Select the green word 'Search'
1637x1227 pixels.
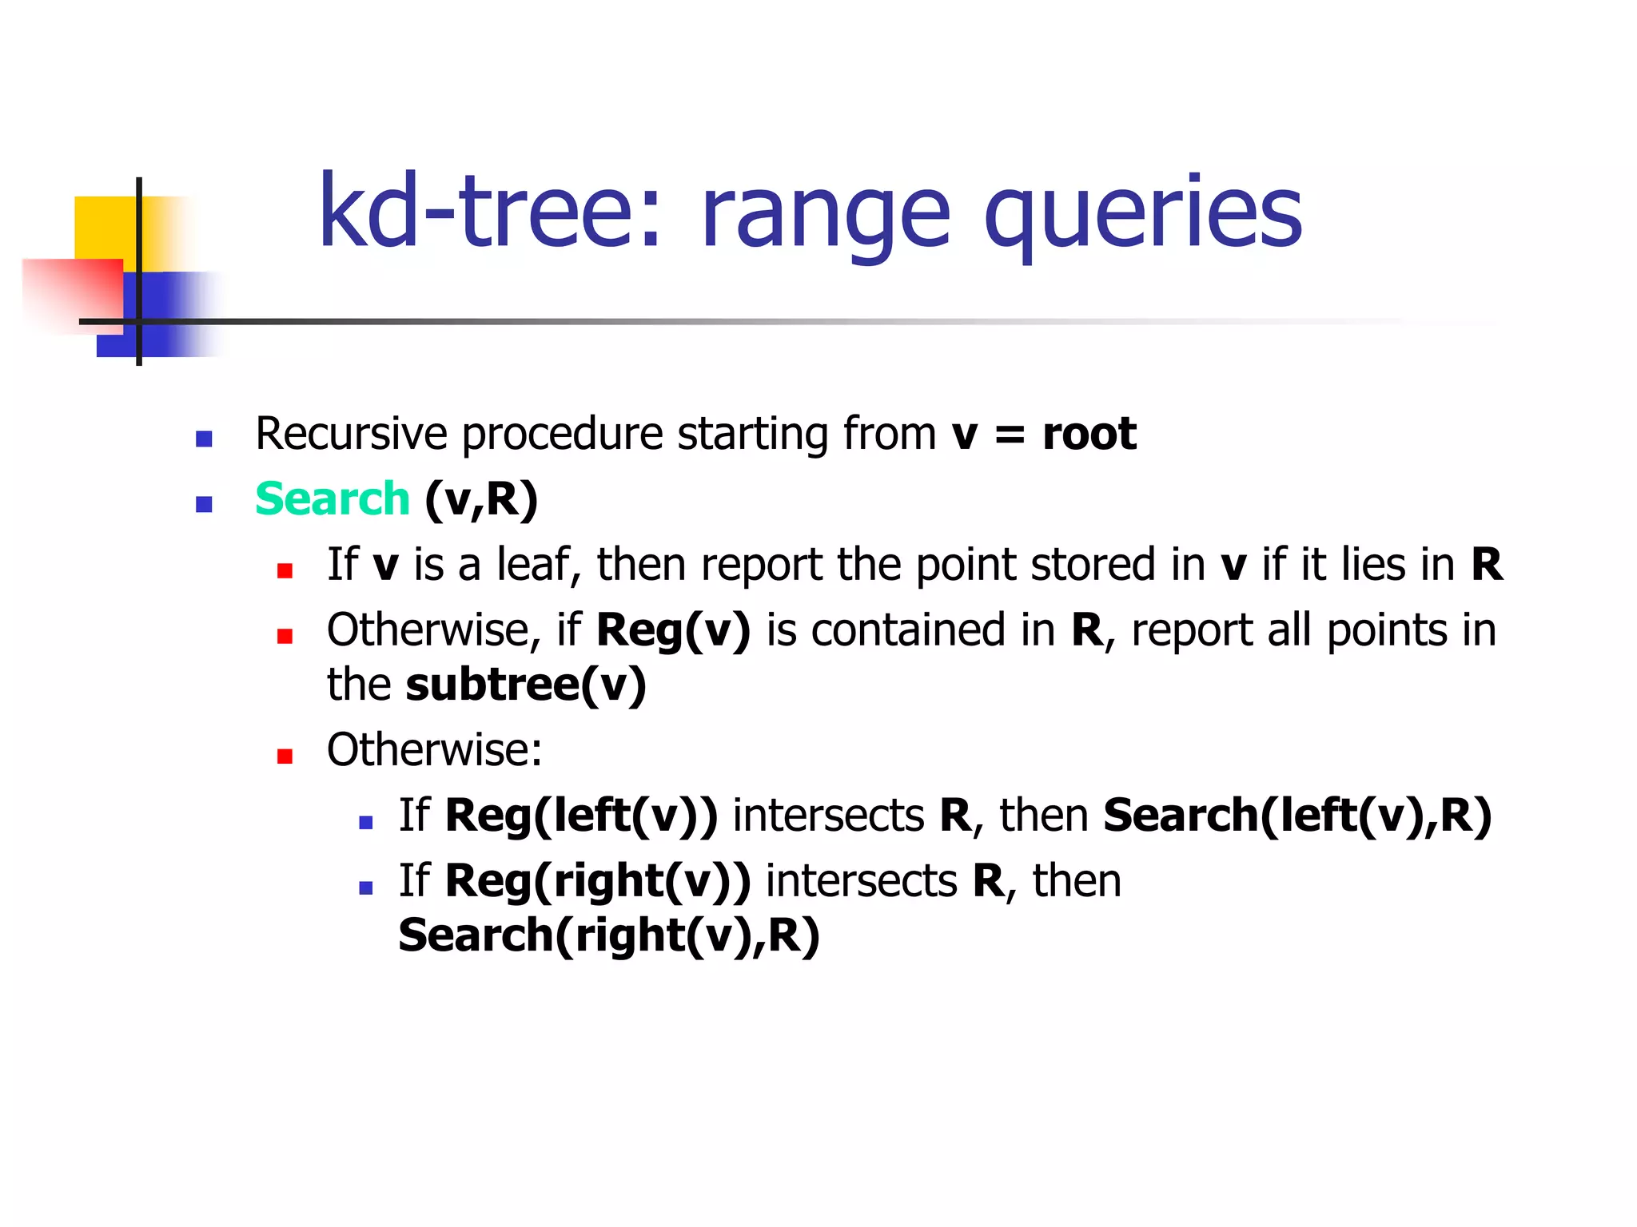click(x=332, y=499)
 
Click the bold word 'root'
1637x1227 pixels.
click(x=1089, y=434)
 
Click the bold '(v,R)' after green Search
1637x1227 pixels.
click(x=481, y=500)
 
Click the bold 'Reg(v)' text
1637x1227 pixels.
click(x=673, y=630)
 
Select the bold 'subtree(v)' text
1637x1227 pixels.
click(x=526, y=685)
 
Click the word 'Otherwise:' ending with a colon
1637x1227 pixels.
click(x=434, y=750)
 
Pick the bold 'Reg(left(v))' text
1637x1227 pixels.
click(x=581, y=816)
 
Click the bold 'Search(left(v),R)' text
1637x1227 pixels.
click(x=1296, y=816)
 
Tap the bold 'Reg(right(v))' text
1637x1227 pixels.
click(x=598, y=881)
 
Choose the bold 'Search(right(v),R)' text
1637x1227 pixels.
click(x=609, y=935)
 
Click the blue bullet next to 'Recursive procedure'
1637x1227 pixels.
click(x=204, y=439)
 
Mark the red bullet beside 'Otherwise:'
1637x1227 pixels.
click(x=285, y=756)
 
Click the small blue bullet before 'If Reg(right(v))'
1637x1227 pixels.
click(x=366, y=887)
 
